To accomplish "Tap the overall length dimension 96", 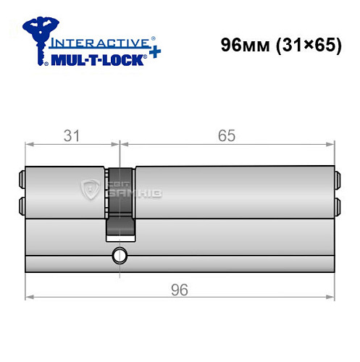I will (180, 290).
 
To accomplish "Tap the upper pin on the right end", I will (337, 177).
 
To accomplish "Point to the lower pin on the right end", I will (337, 204).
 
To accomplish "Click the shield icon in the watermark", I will (92, 190).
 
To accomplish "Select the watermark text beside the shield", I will (125, 190).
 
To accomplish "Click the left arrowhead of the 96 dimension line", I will (30, 297).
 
